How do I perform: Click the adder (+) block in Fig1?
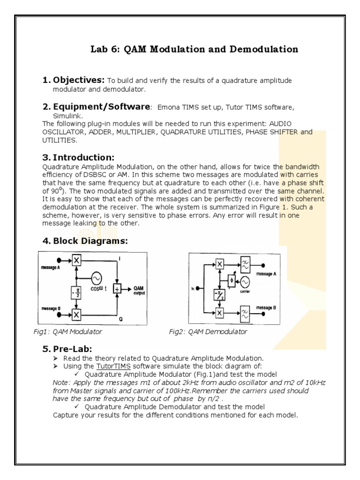point(118,289)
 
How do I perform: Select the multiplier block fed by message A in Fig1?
point(76,260)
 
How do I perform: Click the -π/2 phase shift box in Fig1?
point(76,292)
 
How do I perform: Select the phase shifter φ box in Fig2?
point(231,280)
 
